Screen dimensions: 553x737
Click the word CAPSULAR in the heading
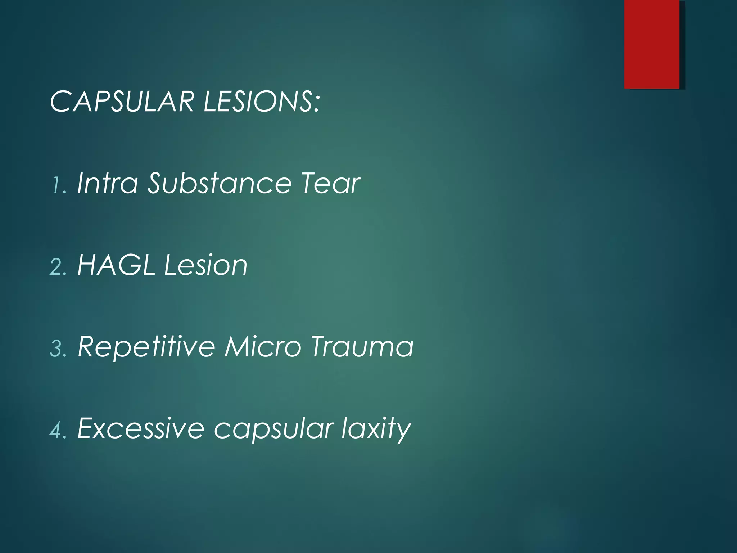123,102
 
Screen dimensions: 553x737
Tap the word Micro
262,347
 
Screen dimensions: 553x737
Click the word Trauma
362,347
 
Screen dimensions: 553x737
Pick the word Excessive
141,428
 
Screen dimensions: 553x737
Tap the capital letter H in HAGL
87,265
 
